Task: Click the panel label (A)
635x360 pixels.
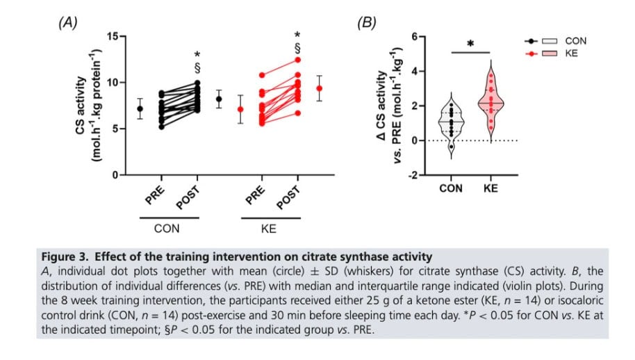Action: tap(67, 22)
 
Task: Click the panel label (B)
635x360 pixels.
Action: tap(366, 22)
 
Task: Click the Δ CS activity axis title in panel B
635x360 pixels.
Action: tap(386, 104)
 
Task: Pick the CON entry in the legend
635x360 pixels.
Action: tap(576, 42)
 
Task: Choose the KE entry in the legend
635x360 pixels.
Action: tap(572, 54)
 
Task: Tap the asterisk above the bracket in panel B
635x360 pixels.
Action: tap(470, 44)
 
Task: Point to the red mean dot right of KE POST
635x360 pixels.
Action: tap(320, 88)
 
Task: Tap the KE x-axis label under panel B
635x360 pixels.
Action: tap(490, 188)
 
